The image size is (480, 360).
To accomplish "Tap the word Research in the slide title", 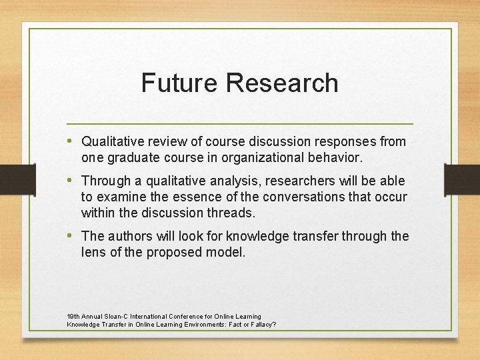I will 282,83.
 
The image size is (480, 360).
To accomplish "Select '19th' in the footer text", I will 73,316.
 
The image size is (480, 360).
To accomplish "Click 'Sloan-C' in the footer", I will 115,316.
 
